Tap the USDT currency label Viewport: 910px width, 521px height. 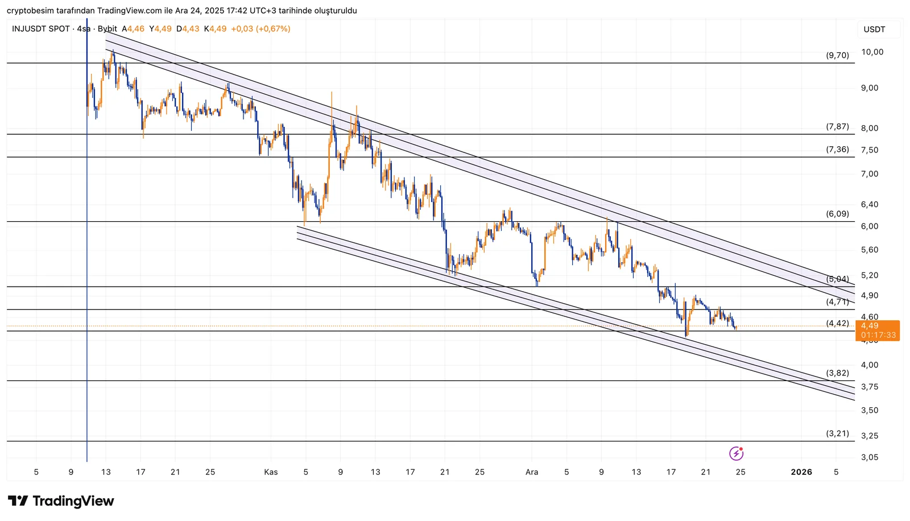874,30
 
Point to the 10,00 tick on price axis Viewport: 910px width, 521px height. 872,52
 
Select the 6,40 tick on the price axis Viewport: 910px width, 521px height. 870,204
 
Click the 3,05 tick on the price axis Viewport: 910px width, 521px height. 870,457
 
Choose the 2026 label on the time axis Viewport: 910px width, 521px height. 801,472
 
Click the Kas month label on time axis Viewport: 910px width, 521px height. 271,472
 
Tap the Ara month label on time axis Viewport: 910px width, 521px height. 532,472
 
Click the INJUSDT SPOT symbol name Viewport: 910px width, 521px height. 41,29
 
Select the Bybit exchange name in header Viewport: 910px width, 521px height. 107,29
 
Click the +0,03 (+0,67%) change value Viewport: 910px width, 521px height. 260,29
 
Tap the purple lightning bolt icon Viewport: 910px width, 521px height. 736,453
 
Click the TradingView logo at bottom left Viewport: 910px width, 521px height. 61,501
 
